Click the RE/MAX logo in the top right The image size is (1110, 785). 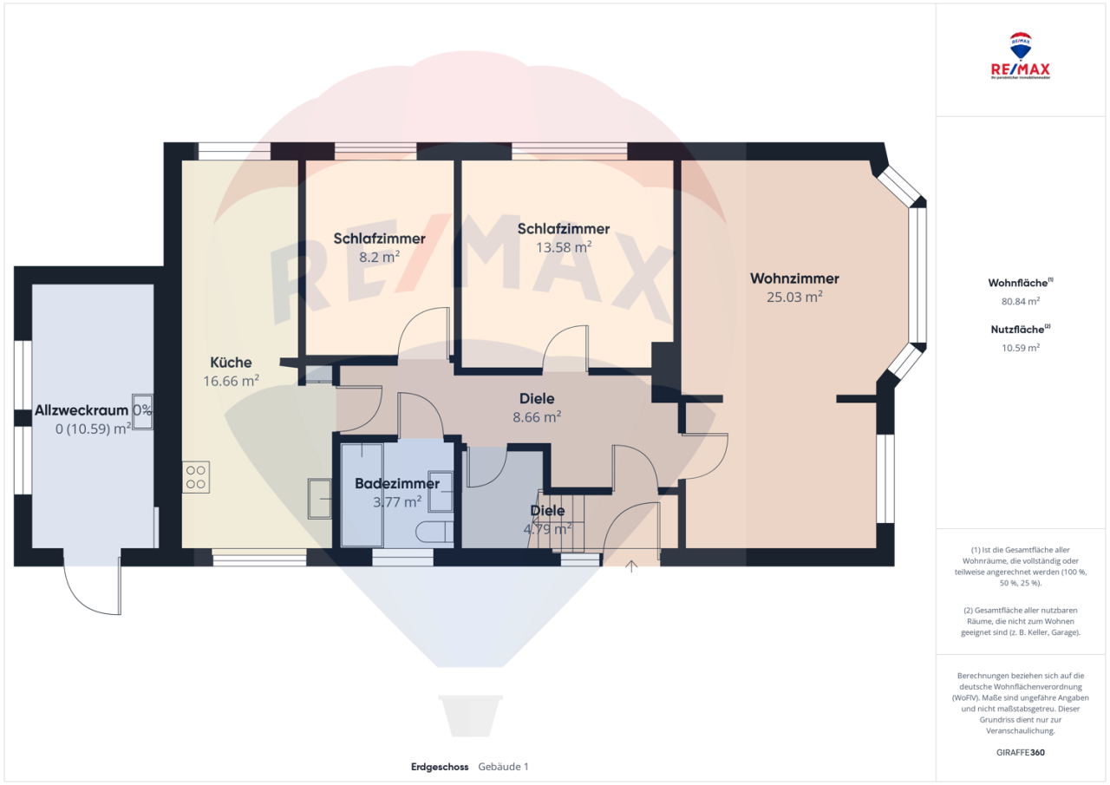1021,56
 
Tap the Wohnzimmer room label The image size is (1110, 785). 794,279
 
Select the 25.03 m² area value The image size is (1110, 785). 794,297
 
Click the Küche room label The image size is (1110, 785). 231,363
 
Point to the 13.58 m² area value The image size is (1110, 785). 564,246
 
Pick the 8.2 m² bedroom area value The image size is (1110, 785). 379,256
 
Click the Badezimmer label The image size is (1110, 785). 397,483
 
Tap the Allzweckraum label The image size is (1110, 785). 82,410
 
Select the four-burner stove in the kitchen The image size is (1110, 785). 196,478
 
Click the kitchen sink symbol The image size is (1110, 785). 320,498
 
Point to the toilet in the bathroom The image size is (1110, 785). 434,532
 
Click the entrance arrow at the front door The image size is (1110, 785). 631,566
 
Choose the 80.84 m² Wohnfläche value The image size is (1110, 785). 1021,302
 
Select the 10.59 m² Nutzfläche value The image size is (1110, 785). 1021,347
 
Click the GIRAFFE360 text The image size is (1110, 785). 1021,752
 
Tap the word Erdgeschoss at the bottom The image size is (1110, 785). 440,767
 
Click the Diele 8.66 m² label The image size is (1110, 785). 537,407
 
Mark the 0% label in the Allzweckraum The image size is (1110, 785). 142,410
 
